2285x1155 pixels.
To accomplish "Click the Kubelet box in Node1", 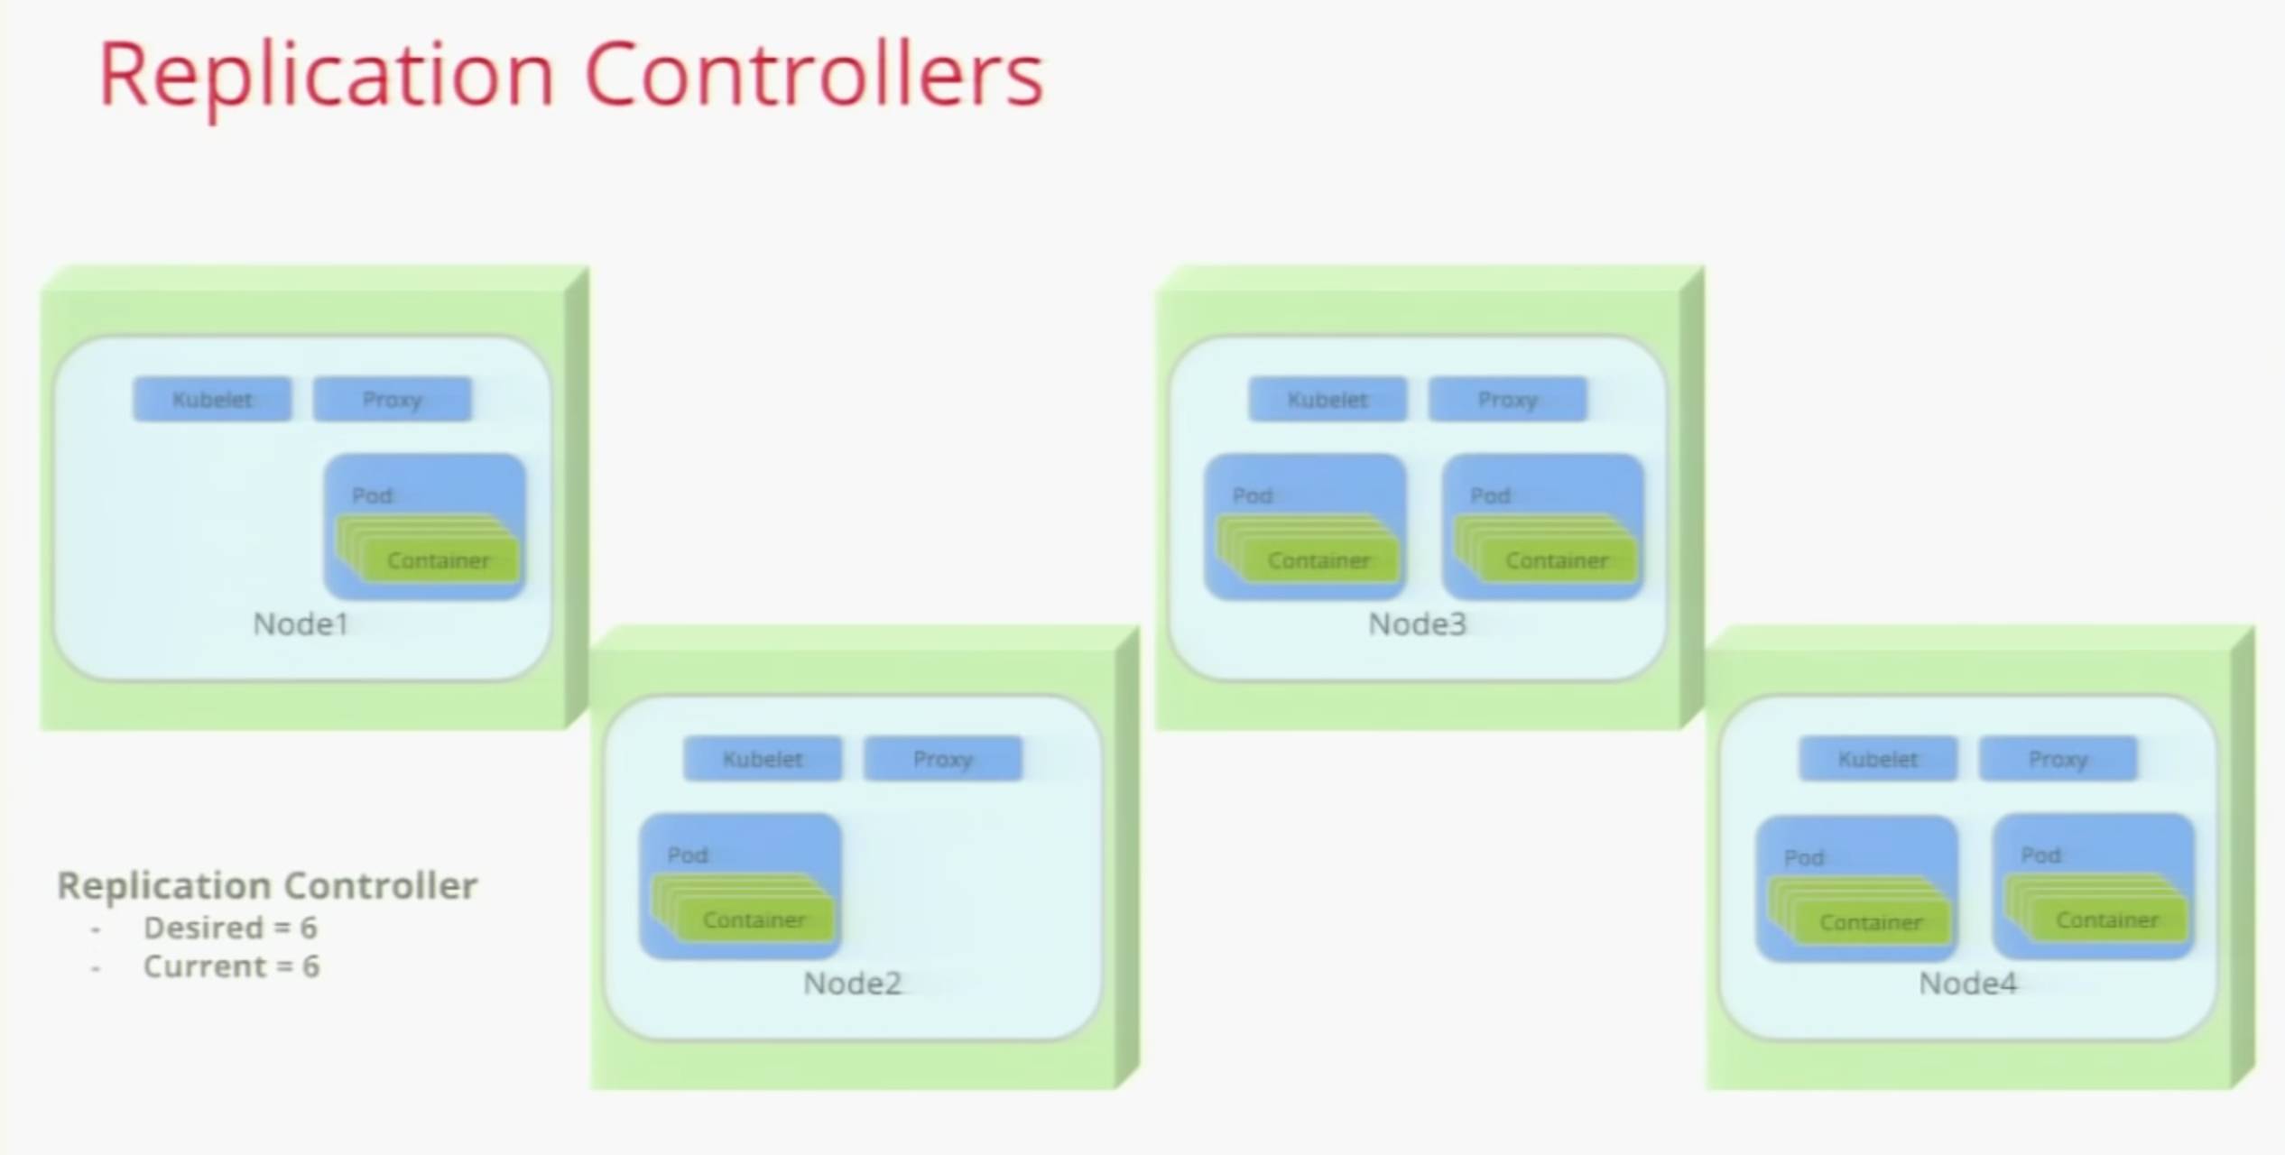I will (212, 399).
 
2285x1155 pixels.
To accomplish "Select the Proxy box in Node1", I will (392, 399).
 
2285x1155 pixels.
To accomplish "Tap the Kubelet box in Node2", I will (763, 759).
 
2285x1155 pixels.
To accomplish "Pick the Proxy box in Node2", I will (942, 759).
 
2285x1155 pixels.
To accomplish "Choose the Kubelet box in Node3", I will (1328, 399).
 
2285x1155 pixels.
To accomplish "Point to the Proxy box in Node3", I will (1507, 399).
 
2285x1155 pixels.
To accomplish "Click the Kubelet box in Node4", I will (1878, 759).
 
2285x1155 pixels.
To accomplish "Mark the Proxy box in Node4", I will (2058, 759).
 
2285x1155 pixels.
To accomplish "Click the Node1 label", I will (301, 624).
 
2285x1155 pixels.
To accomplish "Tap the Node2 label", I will (852, 983).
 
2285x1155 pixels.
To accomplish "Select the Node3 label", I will (1417, 624).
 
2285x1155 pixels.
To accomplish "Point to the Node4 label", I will (1967, 983).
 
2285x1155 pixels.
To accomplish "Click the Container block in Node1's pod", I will (439, 560).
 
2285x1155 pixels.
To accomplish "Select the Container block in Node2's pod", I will (754, 919).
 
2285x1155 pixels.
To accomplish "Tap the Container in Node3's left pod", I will (1318, 560).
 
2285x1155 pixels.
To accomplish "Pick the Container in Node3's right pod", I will (1557, 560).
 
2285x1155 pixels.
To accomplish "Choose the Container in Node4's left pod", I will (1871, 922).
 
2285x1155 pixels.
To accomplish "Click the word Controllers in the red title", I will (814, 74).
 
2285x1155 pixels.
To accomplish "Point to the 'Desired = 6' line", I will (230, 928).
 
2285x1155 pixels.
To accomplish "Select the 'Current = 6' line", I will (231, 966).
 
